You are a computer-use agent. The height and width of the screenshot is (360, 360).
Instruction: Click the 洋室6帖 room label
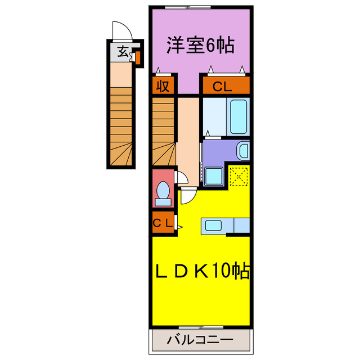click(200, 44)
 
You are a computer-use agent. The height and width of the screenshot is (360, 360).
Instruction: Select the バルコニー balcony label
click(200, 341)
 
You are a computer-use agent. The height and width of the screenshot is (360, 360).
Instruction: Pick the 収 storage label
click(163, 86)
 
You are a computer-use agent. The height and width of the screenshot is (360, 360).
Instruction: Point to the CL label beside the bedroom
click(225, 87)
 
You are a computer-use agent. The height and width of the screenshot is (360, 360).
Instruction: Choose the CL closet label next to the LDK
click(163, 223)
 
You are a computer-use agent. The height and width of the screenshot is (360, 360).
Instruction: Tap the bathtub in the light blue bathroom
click(238, 116)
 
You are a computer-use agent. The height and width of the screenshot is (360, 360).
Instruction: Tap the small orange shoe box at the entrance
click(136, 57)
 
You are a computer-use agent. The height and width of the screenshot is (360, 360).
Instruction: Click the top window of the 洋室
click(186, 7)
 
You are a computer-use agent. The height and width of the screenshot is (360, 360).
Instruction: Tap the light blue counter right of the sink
click(241, 226)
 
